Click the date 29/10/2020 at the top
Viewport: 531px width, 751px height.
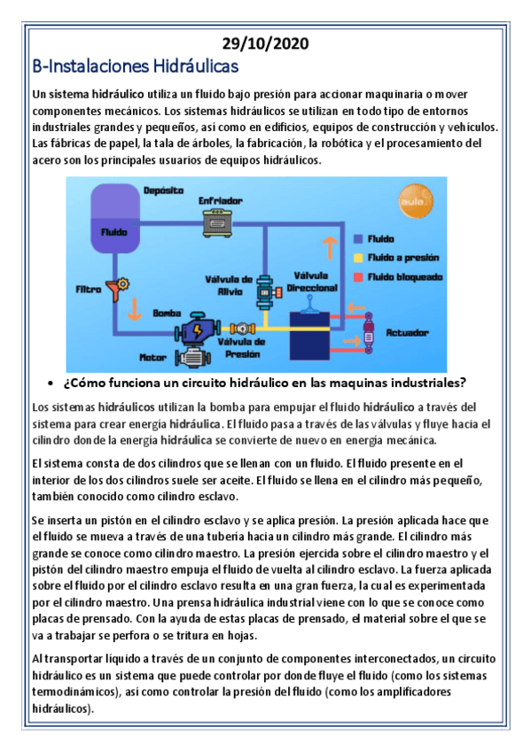pos(265,44)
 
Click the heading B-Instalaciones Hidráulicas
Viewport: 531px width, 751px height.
pos(135,66)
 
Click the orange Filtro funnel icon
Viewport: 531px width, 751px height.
pos(114,288)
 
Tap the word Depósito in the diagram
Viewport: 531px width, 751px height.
pos(163,190)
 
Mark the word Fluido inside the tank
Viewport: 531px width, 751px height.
pos(113,232)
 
